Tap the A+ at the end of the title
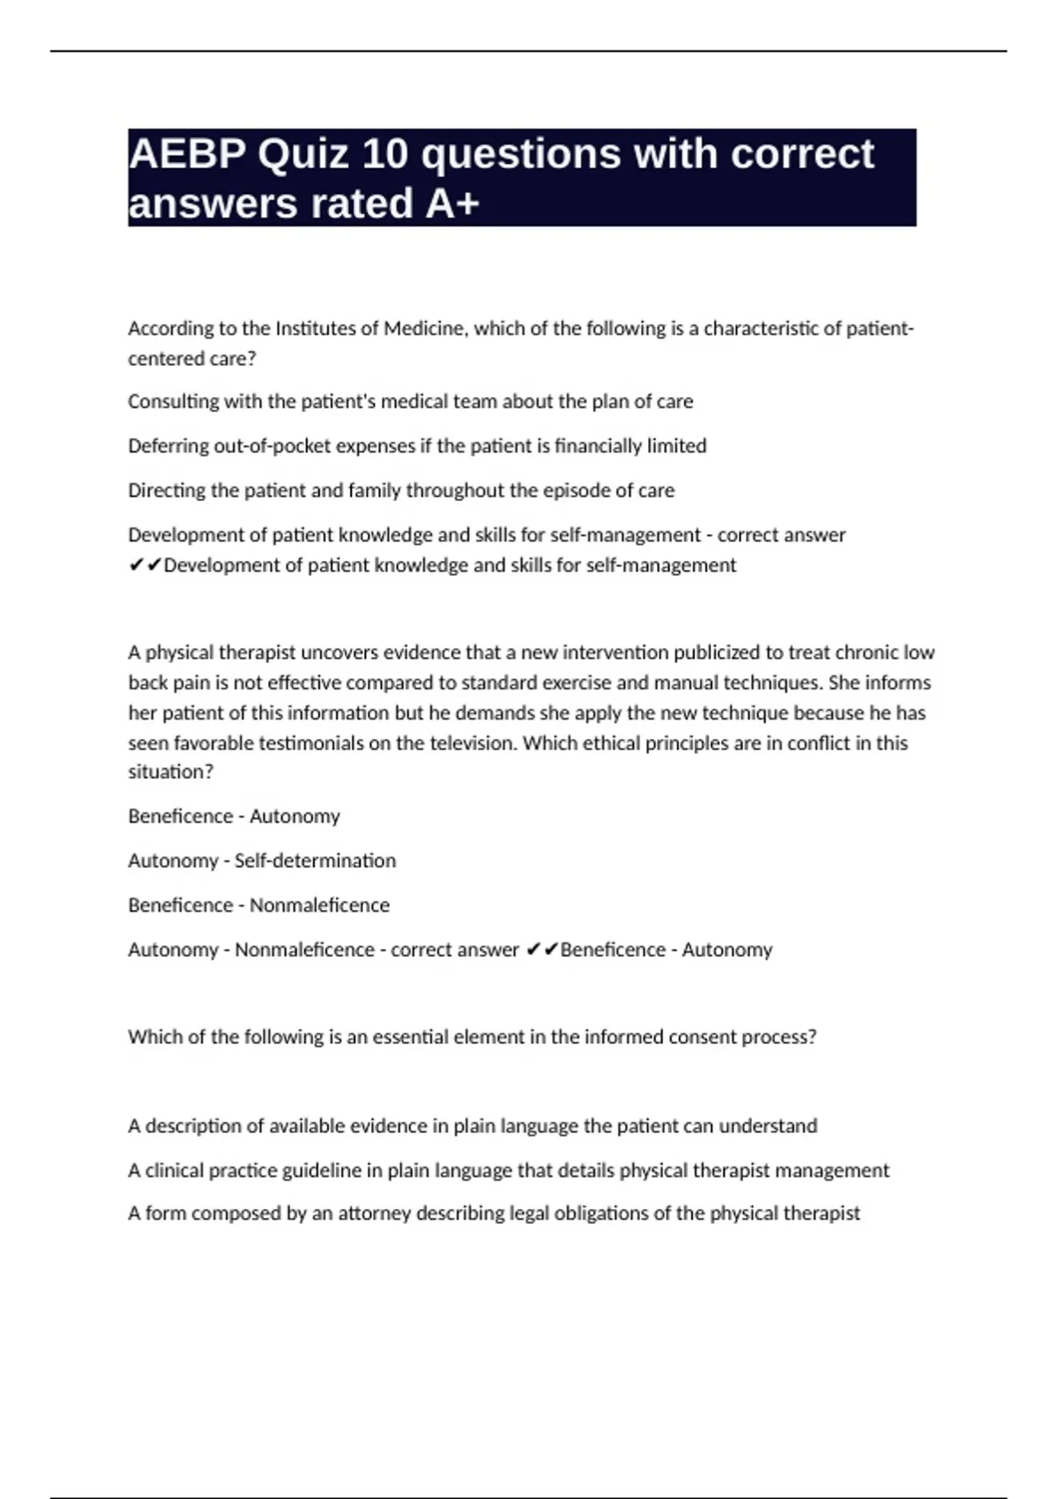pos(452,204)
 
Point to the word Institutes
pos(317,329)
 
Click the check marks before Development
pos(145,565)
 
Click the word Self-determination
pos(315,861)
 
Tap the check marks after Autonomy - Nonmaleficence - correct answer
pos(541,950)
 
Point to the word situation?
pos(171,772)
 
